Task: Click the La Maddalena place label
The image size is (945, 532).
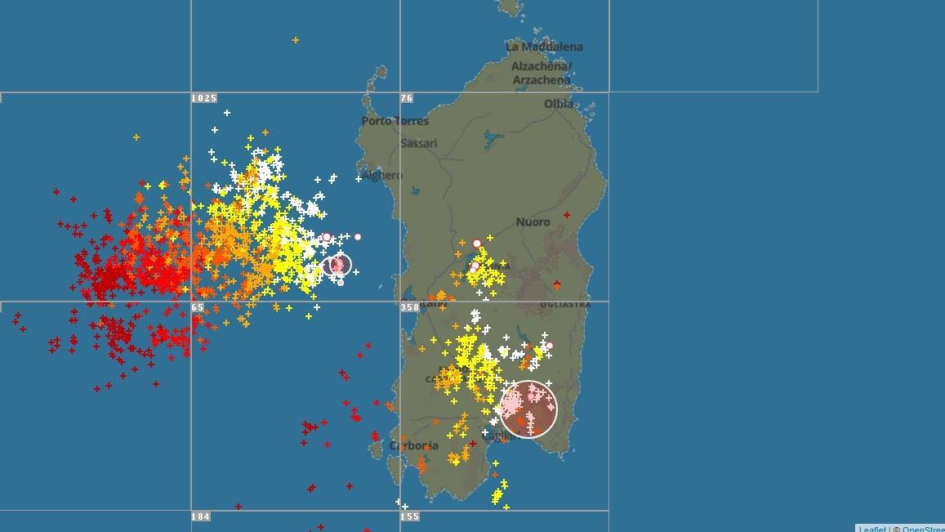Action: [544, 47]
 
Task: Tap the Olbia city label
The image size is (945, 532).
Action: [559, 104]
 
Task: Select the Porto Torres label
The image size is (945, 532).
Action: [394, 121]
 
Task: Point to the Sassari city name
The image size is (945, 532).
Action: [418, 143]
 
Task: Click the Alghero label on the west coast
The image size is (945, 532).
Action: [382, 175]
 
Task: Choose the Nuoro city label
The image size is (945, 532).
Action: [533, 221]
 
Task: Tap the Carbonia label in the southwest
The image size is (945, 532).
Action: [413, 445]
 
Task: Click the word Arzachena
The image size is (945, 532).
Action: [542, 80]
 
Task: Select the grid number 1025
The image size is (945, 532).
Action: [204, 98]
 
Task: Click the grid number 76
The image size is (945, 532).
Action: [407, 98]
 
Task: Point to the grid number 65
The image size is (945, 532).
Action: [198, 307]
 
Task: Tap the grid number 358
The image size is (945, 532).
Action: [410, 307]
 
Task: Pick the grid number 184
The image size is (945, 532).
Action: [201, 516]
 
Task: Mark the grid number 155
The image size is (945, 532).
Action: [410, 516]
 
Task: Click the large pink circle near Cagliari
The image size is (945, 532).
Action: [528, 409]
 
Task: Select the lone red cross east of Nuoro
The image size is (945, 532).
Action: [567, 215]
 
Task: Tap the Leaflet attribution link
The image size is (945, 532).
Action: [871, 529]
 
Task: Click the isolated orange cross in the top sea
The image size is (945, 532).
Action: [296, 39]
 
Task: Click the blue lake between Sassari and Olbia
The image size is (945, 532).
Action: [491, 136]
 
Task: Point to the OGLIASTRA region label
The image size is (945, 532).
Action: [564, 305]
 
